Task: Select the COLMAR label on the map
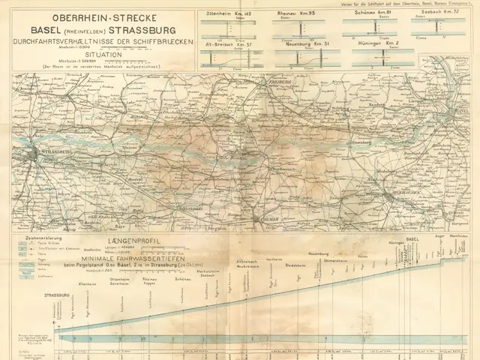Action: coord(259,219)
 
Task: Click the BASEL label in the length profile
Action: coord(411,238)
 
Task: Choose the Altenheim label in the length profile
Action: coord(87,284)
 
